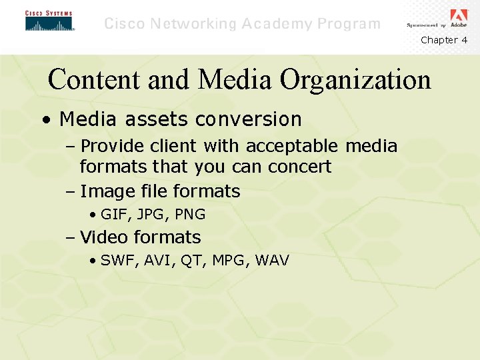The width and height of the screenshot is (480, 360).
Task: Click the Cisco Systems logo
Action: (49, 21)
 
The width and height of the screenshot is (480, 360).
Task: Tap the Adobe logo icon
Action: (459, 17)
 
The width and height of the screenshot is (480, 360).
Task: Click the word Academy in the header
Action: (275, 24)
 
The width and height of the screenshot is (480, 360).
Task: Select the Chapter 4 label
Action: (444, 40)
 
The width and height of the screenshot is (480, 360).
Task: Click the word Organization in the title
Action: (355, 80)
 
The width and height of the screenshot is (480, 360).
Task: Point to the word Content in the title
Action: (93, 80)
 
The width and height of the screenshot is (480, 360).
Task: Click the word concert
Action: (299, 166)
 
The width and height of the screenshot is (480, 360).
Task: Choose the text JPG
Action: (151, 215)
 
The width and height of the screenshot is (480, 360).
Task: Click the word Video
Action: (104, 237)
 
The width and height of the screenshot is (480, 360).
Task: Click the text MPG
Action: (228, 261)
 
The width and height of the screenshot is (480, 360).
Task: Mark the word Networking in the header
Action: (194, 24)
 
